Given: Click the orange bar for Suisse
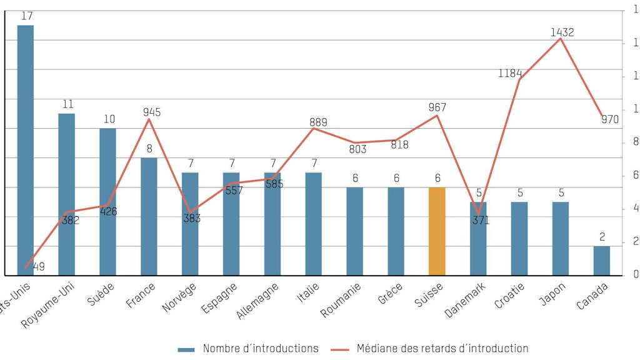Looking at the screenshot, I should tap(437, 231).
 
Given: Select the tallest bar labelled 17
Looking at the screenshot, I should tap(26, 150).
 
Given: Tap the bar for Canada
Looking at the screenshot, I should tap(601, 261).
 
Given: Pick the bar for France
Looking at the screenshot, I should tap(149, 216).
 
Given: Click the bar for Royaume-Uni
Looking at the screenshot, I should tap(66, 194).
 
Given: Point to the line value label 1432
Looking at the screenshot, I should tap(562, 32).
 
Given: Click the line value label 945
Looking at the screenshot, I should tap(151, 112).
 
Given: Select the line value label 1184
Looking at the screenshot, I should tap(510, 73).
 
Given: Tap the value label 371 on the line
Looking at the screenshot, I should tap(481, 220).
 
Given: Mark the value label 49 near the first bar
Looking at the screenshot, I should tap(38, 267).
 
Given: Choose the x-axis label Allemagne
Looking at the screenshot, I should tap(257, 301).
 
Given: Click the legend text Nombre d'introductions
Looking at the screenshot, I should tap(261, 349).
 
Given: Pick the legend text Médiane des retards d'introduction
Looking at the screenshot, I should tap(442, 349).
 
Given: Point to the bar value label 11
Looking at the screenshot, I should tap(67, 104).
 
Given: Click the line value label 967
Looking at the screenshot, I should tap(437, 107).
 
